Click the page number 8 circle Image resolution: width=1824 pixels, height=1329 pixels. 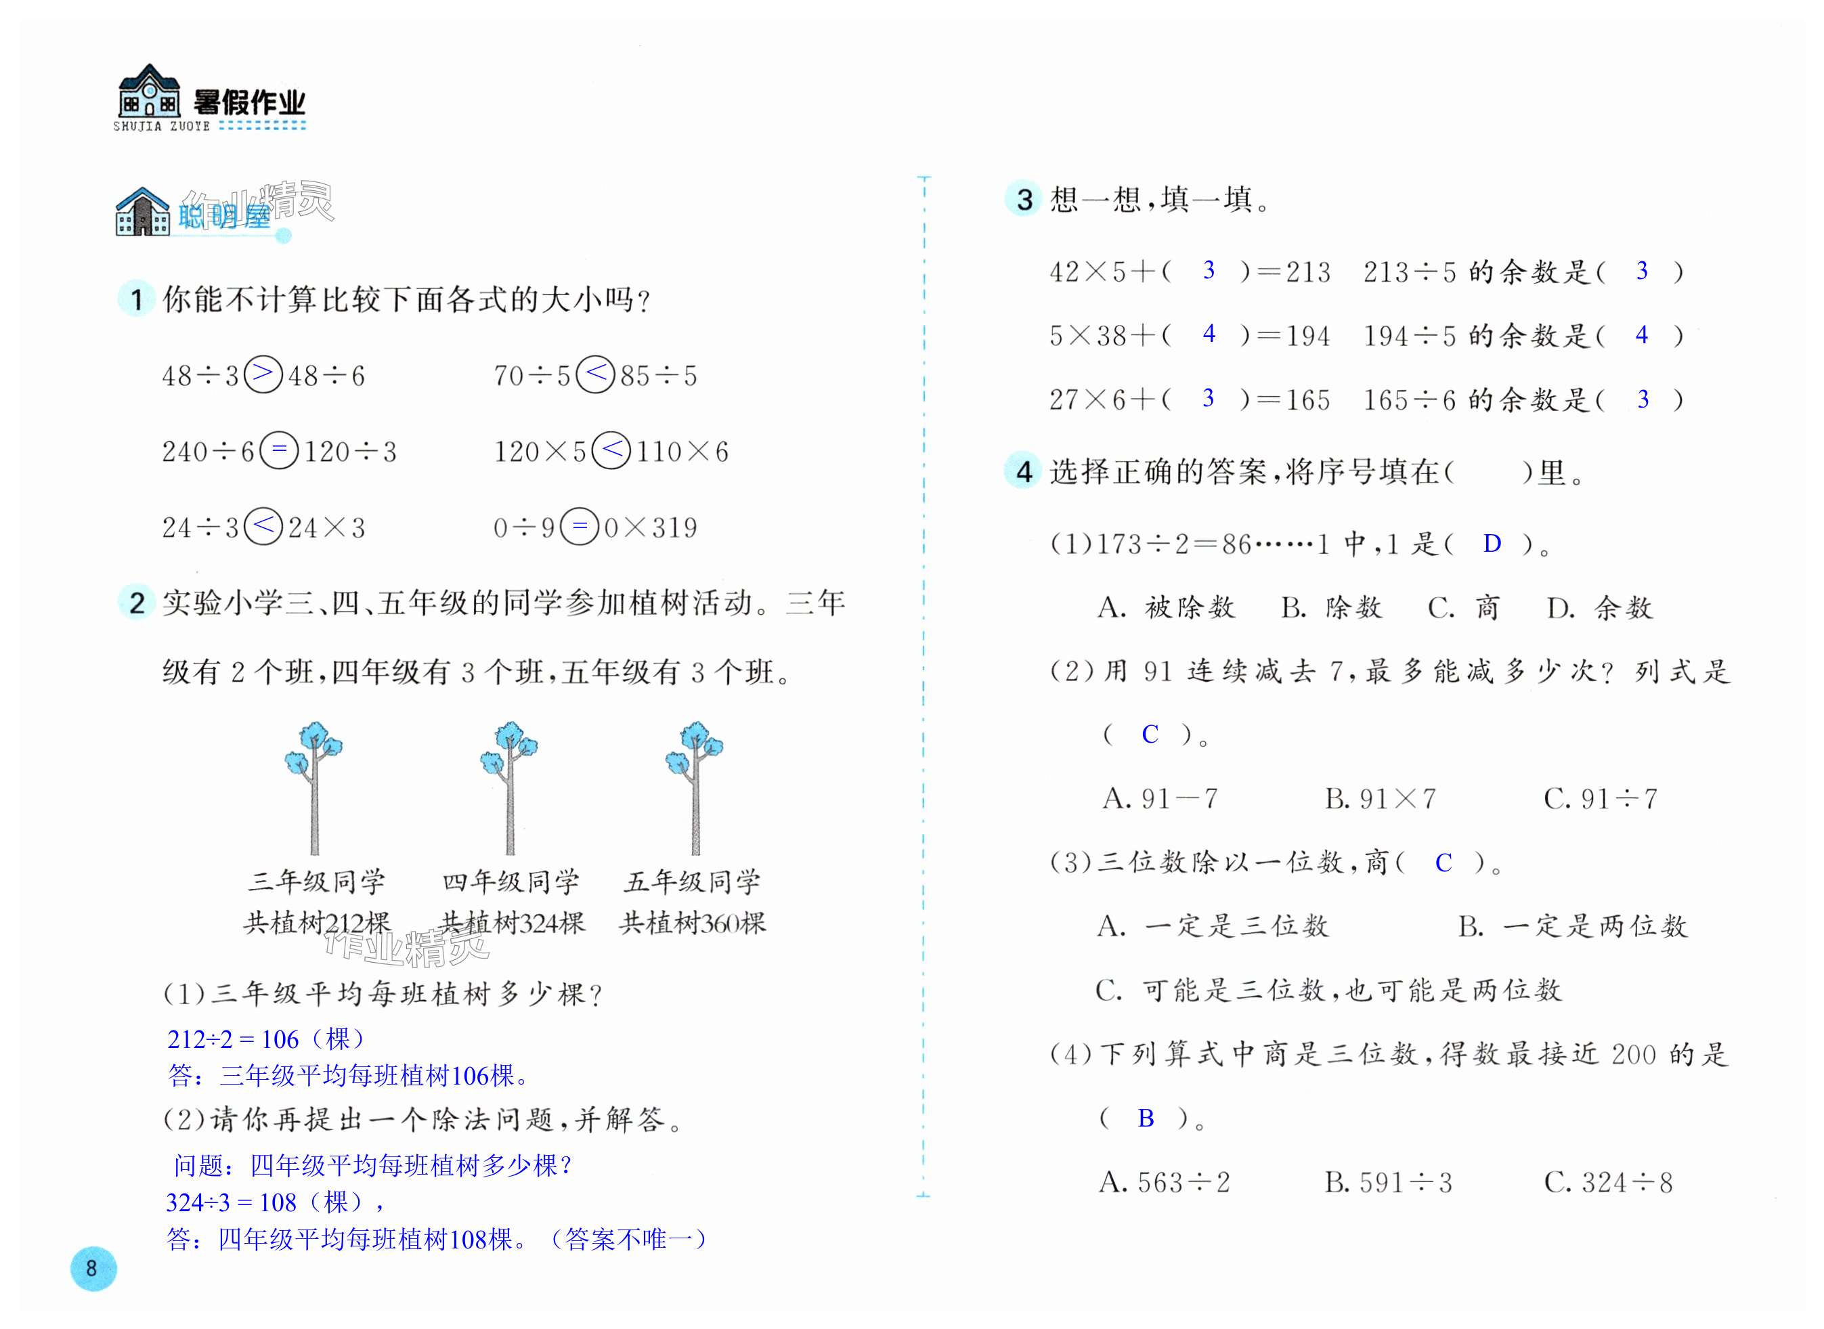[93, 1269]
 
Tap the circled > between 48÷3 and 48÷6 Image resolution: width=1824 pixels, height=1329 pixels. [263, 374]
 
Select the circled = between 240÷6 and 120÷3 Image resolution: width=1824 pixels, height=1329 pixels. [279, 450]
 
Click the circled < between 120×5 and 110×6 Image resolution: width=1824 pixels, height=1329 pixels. [611, 450]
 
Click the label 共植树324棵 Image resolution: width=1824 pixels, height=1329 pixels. [512, 923]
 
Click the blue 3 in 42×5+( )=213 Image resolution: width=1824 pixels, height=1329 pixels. [1209, 270]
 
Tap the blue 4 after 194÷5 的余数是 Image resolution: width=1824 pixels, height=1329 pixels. [1642, 334]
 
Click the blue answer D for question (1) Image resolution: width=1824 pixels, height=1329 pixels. [1492, 544]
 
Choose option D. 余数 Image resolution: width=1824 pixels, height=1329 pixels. [1599, 608]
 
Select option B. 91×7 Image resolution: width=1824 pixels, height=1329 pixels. [1380, 799]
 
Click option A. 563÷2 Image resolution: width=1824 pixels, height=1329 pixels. [1165, 1183]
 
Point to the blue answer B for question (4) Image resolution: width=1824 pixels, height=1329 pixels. [1146, 1118]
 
